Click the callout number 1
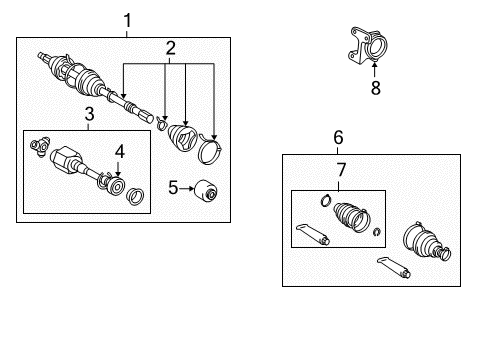pos(127,19)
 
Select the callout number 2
pos(170,47)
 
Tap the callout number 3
pos(88,115)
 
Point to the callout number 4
pos(119,151)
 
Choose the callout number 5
pos(171,185)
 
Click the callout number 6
pos(338,137)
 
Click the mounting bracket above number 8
pos(366,50)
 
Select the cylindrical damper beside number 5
pos(207,188)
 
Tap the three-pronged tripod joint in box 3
pos(43,147)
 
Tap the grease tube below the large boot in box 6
pos(394,269)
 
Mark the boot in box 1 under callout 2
pos(183,138)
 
